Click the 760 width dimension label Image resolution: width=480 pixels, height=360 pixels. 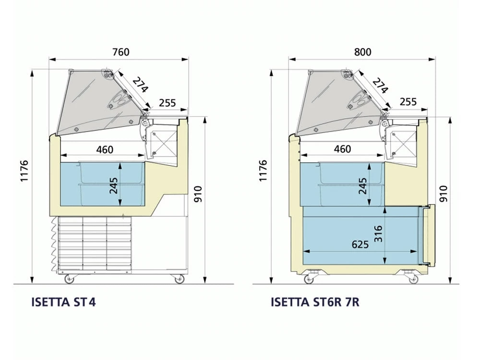coord(121,52)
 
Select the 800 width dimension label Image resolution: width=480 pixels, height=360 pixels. coord(362,52)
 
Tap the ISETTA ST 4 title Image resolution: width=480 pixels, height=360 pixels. coord(63,302)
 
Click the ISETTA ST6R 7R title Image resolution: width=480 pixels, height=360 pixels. coord(315,302)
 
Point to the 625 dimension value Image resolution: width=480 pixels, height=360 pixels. coord(360,244)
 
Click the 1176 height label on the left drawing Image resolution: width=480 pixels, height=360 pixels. coord(24,170)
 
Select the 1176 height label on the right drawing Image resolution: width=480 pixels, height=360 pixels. coord(263,170)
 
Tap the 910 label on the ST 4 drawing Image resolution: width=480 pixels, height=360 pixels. coord(198,194)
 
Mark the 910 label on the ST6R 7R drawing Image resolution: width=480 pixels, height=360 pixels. coord(443,194)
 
